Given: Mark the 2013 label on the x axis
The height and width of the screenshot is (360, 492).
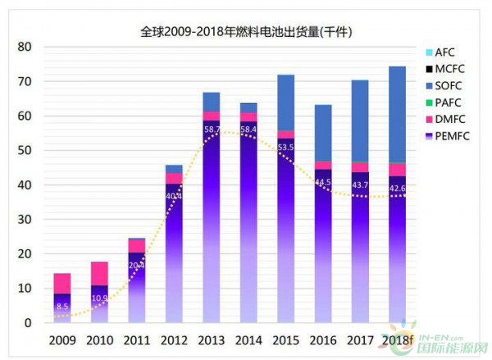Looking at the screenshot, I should click(212, 340).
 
